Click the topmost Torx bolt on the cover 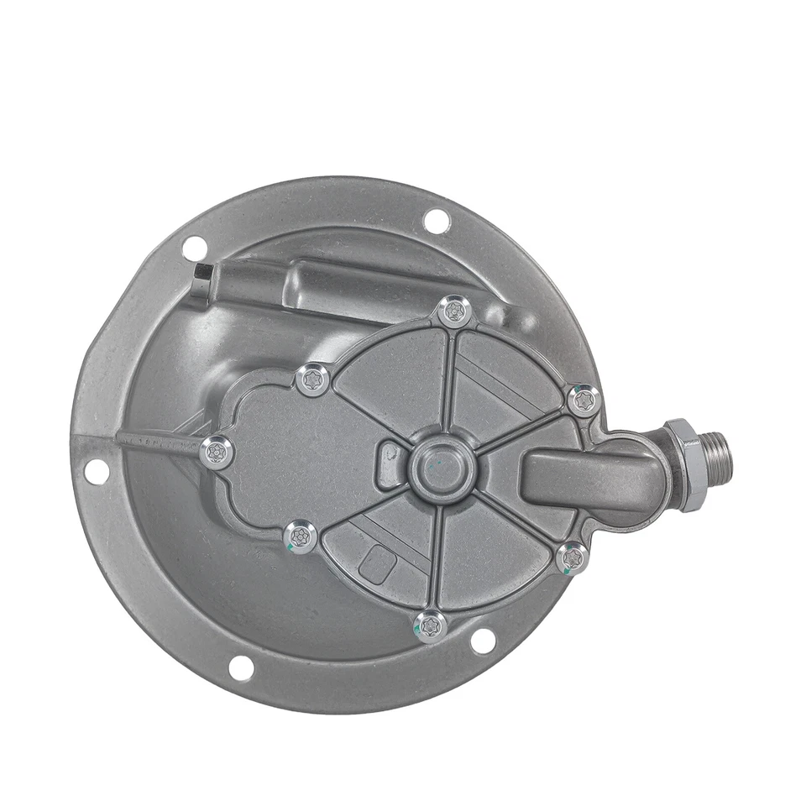(454, 312)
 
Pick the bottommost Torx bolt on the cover (430, 625)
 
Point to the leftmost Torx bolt (217, 453)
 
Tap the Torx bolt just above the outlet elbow (583, 400)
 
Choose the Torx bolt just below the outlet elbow (572, 557)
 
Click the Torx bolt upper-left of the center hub (313, 379)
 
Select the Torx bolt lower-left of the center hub (301, 536)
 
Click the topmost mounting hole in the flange (437, 221)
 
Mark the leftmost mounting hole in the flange (97, 472)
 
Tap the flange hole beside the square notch (194, 248)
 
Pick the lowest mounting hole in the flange (241, 668)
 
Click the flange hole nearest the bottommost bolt (483, 641)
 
